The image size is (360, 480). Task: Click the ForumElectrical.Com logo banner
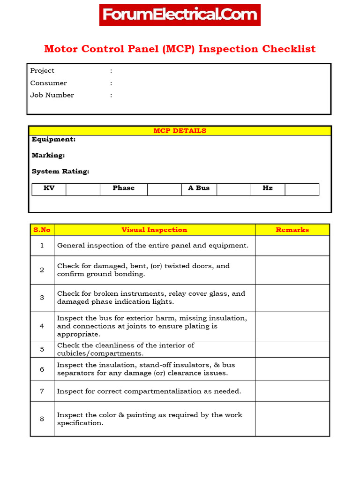(180, 15)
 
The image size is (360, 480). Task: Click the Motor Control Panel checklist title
(180, 49)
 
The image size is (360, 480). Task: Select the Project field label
(42, 71)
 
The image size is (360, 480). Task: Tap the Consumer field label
(48, 83)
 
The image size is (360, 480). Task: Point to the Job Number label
(52, 95)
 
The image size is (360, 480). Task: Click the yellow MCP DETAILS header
(180, 131)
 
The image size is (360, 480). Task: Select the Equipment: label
(53, 140)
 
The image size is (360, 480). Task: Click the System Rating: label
(60, 172)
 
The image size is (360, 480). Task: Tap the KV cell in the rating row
(49, 188)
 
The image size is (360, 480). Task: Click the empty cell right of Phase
(164, 189)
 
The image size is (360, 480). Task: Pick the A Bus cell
(199, 188)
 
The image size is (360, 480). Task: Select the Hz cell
(268, 188)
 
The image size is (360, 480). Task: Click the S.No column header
(42, 230)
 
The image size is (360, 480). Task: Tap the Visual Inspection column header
(154, 230)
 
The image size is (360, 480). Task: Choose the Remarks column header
(292, 230)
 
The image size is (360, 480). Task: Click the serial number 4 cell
(42, 326)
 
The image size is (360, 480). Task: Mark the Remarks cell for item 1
(292, 246)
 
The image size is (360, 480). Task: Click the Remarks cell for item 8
(292, 419)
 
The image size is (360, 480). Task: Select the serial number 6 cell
(42, 369)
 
